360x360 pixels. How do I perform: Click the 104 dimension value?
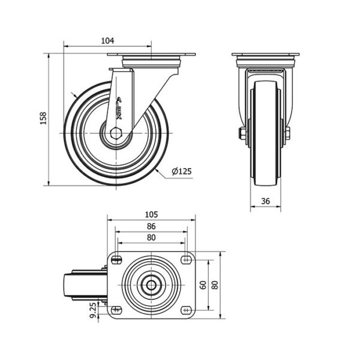point(107,41)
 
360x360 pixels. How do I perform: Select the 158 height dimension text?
point(43,118)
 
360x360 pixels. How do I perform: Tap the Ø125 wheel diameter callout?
point(182,171)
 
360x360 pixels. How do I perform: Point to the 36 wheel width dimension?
point(265,201)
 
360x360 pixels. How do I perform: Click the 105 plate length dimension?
point(152,214)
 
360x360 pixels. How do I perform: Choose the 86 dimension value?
point(151,226)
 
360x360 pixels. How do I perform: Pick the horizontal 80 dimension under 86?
point(151,238)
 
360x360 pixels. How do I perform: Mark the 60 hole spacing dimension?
point(203,285)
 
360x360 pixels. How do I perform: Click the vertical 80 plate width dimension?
point(215,285)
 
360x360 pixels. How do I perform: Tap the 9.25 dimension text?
point(93,310)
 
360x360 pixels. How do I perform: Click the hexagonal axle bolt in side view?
point(116,133)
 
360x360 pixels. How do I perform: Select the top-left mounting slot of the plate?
point(116,260)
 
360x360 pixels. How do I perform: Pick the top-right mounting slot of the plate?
point(186,260)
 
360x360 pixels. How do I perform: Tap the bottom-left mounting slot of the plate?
point(116,310)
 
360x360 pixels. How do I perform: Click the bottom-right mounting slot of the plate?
point(186,310)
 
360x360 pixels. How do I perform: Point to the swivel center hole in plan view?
point(151,286)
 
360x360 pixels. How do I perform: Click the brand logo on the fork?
point(119,109)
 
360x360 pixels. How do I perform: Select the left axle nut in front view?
point(242,134)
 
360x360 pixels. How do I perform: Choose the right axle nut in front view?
point(288,134)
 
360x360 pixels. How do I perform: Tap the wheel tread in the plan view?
point(68,286)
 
